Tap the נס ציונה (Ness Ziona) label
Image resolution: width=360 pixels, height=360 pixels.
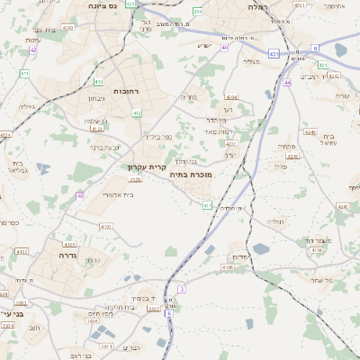106,5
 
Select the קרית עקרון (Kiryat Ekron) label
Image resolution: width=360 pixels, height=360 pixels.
146,166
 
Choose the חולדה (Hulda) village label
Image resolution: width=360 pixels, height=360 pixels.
274,220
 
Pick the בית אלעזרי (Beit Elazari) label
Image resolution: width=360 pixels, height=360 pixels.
119,193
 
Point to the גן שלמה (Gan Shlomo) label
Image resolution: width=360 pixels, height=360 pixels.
95,121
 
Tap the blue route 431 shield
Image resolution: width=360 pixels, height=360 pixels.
273,54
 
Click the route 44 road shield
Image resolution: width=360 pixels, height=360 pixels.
288,82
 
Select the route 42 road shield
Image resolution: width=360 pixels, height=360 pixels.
32,49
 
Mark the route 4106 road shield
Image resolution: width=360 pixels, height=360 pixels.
228,267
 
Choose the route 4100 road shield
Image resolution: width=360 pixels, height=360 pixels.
106,227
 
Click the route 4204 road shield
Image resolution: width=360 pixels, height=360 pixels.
231,97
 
